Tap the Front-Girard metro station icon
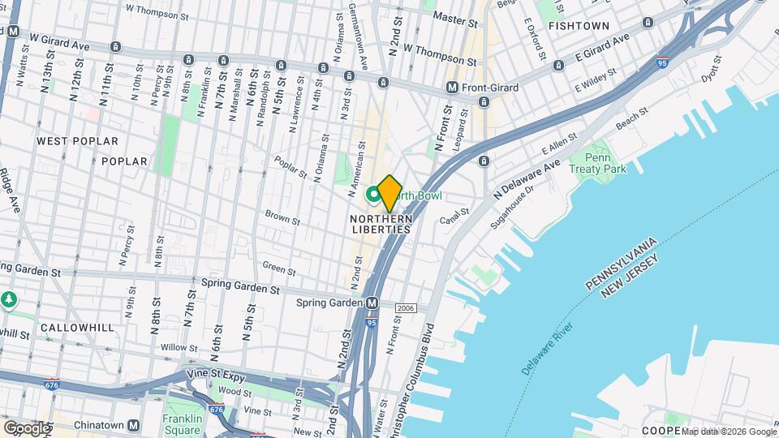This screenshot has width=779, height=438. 452,87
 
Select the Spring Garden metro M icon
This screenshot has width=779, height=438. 372,303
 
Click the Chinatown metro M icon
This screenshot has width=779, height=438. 134,424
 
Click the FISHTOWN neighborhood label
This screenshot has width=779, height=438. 579,26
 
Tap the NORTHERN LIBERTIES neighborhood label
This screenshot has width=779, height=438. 381,224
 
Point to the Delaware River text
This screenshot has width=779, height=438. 547,348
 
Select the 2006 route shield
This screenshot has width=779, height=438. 406,308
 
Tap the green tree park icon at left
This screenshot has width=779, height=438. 9,300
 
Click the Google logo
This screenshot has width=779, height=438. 27,427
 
